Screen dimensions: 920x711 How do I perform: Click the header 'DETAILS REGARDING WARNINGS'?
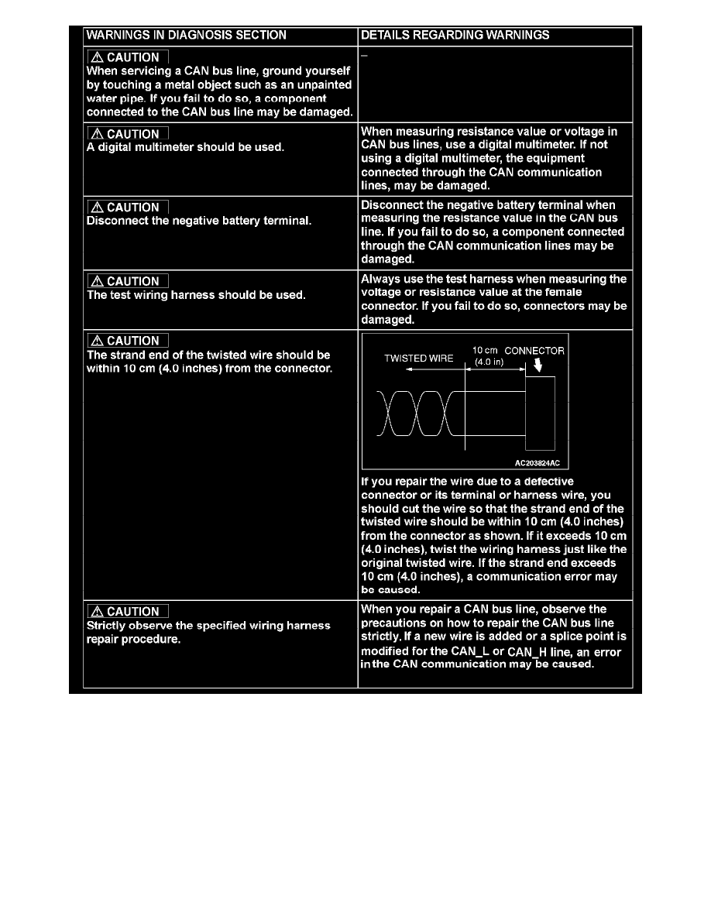click(x=455, y=35)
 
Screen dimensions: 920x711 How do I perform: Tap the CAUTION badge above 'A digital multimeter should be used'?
click(x=127, y=134)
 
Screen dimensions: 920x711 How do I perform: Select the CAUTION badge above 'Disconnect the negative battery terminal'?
click(x=127, y=208)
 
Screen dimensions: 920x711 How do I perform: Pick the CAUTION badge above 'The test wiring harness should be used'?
click(x=127, y=282)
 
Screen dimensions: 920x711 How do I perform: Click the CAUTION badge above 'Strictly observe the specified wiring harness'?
click(x=127, y=612)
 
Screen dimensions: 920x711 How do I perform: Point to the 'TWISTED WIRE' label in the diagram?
click(x=419, y=359)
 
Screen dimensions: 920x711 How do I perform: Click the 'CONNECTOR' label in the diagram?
click(x=534, y=351)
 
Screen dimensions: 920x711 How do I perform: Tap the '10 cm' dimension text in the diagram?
click(x=484, y=351)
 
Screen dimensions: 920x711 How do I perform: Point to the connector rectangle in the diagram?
click(x=540, y=413)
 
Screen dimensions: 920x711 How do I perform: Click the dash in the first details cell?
click(x=365, y=55)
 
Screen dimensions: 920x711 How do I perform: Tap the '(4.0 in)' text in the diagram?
click(x=490, y=362)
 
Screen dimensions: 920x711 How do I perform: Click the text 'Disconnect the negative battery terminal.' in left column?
click(x=199, y=221)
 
